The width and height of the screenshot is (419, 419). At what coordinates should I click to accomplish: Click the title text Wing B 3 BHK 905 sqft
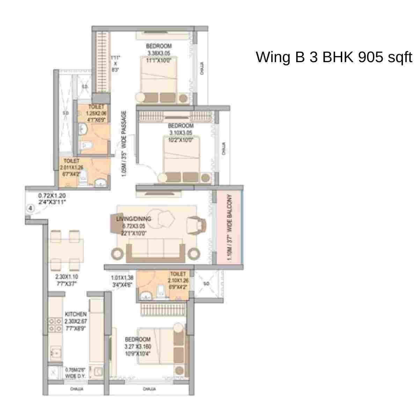click(334, 57)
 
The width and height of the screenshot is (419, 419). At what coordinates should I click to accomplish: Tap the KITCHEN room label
click(75, 314)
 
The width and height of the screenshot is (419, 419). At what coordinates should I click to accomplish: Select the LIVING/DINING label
click(134, 219)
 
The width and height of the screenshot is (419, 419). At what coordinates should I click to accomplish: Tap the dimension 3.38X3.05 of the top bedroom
click(159, 53)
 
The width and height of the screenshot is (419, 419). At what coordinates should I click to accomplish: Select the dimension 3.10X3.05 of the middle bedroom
click(181, 133)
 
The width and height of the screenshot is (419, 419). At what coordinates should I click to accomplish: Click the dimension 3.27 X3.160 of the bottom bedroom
click(138, 347)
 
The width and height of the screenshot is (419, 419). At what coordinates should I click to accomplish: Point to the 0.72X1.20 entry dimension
click(52, 196)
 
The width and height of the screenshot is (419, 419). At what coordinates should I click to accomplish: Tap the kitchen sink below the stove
click(55, 353)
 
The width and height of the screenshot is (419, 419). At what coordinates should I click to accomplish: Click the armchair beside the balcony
click(195, 225)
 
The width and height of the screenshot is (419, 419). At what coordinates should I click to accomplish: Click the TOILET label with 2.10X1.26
click(178, 274)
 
